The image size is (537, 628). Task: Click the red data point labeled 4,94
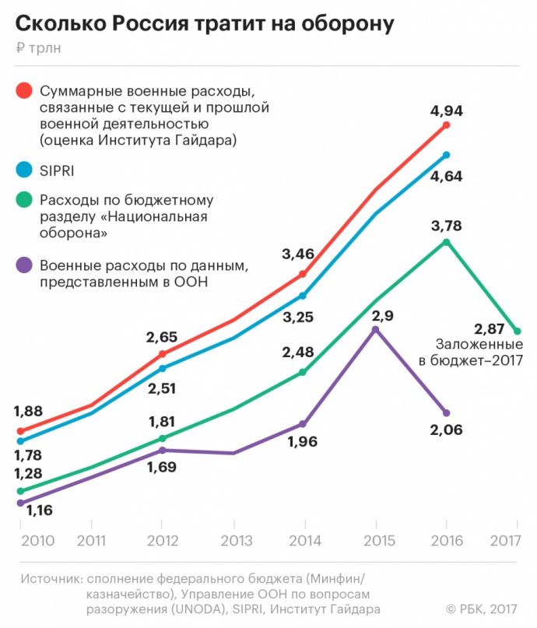point(446,125)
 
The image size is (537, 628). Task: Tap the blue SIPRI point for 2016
point(446,155)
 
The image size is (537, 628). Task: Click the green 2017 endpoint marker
point(517,332)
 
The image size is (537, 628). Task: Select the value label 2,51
point(162,388)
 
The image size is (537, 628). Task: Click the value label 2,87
point(490,327)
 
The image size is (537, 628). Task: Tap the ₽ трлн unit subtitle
point(37,48)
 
